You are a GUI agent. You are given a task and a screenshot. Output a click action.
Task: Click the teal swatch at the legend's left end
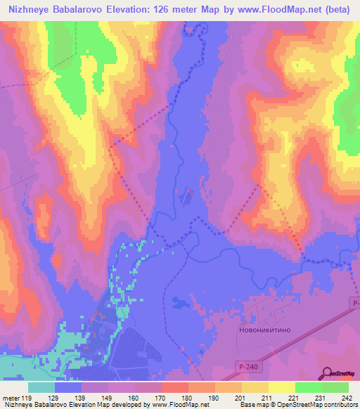pyautogui.click(x=41, y=388)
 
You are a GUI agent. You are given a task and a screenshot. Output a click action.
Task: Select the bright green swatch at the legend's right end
pyautogui.click(x=335, y=388)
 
